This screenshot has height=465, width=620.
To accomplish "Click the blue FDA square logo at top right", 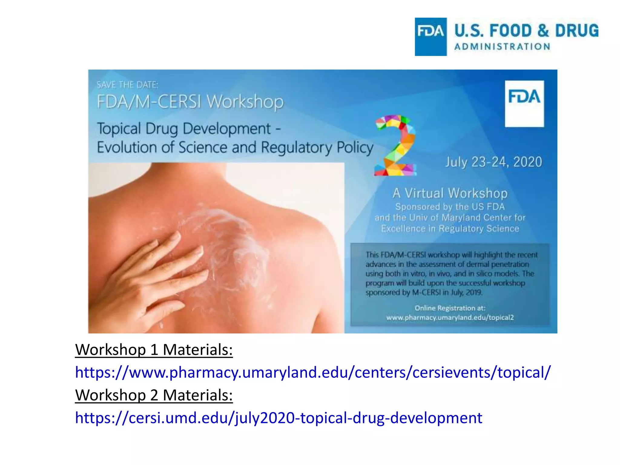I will [x=430, y=37].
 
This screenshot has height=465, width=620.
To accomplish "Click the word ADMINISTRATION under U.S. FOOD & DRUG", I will [x=502, y=47].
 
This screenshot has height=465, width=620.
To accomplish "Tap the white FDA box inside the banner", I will [x=524, y=104].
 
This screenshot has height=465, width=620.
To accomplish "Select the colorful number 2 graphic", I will [x=395, y=145].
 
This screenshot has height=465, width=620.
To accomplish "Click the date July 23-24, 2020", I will [x=493, y=162].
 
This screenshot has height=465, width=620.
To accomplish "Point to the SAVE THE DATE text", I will [x=127, y=85].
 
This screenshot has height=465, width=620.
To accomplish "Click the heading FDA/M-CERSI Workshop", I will [x=190, y=101].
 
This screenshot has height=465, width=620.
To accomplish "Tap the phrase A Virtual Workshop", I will [x=450, y=193].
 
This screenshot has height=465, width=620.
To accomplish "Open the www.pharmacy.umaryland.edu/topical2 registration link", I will [x=450, y=318].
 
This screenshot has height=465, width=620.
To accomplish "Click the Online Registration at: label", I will [x=450, y=308].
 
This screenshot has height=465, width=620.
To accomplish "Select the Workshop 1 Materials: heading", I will [x=154, y=350].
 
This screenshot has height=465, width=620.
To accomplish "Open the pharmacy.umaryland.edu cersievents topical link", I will [x=312, y=372].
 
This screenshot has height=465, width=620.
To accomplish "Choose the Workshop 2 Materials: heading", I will [x=154, y=395].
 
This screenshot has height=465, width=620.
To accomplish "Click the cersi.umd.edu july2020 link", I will [x=279, y=418].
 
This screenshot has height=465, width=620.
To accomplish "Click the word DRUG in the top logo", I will [x=576, y=31].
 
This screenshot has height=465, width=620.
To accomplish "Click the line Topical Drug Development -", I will [x=189, y=129].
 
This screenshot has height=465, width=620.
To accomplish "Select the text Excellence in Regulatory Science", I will [x=450, y=229].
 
